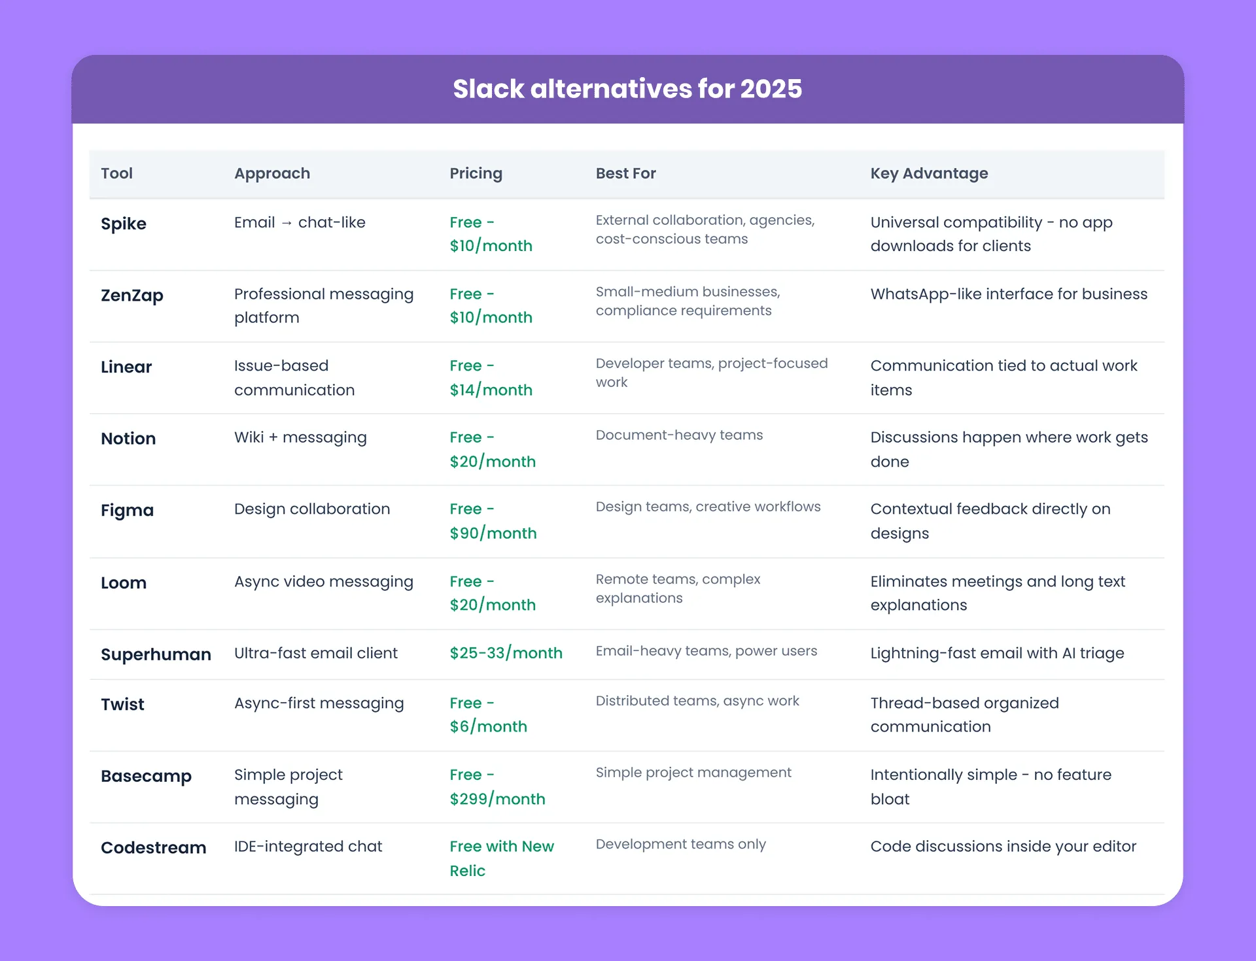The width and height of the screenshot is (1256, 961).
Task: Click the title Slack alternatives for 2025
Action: (627, 89)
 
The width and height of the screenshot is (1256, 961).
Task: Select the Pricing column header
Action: (476, 174)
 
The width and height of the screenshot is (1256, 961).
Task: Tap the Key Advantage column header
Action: (929, 174)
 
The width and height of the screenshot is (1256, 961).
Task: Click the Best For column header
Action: (625, 173)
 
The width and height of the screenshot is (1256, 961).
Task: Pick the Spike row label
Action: (124, 224)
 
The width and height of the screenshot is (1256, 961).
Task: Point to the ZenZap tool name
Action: (132, 295)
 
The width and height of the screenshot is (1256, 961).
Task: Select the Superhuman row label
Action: (156, 654)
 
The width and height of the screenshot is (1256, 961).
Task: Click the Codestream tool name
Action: (153, 848)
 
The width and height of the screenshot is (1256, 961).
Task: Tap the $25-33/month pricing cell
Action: (506, 653)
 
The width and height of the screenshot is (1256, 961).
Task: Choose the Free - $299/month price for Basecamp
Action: (497, 786)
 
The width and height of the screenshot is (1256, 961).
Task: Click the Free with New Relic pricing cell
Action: (502, 858)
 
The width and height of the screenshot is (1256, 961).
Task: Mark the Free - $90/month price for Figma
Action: (493, 521)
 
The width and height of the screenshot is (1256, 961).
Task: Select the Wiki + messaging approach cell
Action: (300, 437)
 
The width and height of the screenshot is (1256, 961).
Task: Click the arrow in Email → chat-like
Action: (287, 223)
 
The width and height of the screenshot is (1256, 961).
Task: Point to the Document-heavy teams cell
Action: (679, 435)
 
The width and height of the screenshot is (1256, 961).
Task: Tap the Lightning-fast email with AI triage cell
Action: (997, 653)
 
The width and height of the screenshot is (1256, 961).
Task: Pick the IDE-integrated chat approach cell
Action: (308, 847)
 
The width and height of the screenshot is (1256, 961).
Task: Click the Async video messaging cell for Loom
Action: (324, 582)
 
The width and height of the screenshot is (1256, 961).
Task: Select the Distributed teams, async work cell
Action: (697, 701)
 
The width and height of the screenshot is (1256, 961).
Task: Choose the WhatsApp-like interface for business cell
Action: (1009, 294)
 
